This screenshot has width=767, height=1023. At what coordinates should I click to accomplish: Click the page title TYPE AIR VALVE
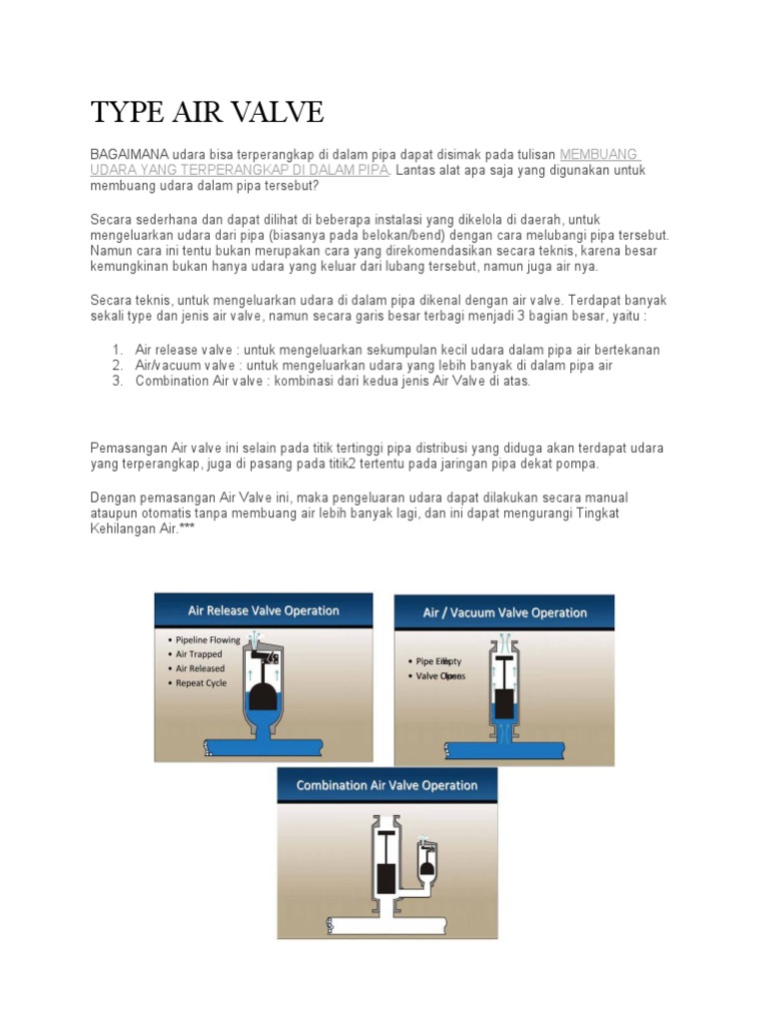click(207, 112)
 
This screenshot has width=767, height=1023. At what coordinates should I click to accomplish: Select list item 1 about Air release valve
click(396, 350)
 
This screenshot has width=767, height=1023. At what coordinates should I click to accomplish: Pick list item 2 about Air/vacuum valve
click(374, 366)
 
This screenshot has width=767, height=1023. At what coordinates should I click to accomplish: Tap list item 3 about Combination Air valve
click(333, 381)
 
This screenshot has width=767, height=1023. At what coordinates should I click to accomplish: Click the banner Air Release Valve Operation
click(264, 610)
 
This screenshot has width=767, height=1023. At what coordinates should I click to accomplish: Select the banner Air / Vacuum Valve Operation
click(504, 612)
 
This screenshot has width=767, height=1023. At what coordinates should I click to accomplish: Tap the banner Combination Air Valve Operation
click(386, 785)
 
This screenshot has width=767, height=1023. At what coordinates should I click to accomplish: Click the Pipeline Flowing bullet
click(207, 639)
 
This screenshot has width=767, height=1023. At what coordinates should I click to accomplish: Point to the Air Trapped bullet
click(200, 654)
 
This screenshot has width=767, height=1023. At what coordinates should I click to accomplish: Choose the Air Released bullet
click(200, 668)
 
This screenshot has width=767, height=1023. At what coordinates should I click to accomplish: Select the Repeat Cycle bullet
click(200, 683)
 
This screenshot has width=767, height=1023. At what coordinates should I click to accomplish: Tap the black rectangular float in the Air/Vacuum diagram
click(504, 703)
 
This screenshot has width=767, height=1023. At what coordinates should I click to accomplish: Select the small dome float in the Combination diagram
click(427, 866)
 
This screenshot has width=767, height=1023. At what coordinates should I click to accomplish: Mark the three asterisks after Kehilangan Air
click(187, 528)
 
